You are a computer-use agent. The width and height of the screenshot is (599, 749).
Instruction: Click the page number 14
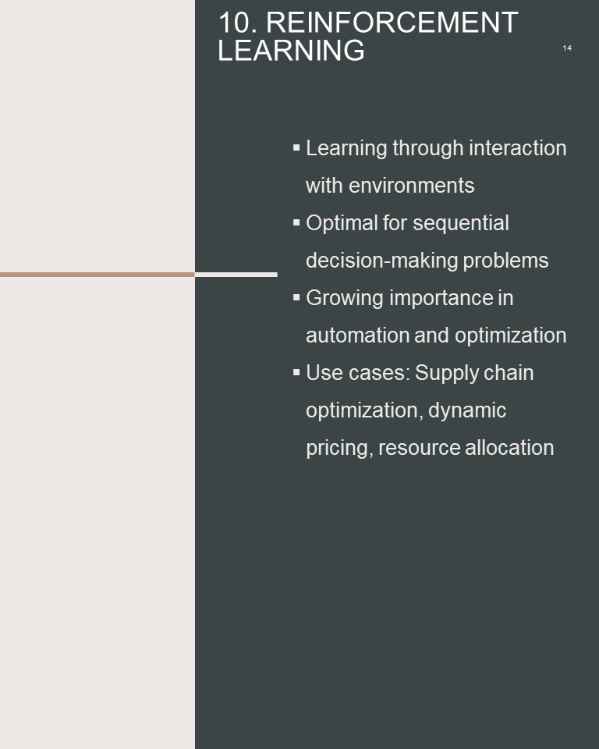coord(567,48)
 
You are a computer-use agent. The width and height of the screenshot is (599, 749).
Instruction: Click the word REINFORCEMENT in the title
coord(392,22)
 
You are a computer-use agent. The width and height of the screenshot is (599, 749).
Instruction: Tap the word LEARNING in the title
coord(291,50)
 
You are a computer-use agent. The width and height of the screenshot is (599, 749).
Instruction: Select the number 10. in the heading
coord(237,22)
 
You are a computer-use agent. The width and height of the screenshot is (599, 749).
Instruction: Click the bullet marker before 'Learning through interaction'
coord(296,147)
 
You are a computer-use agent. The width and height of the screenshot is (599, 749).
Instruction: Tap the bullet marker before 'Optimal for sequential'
coord(296,222)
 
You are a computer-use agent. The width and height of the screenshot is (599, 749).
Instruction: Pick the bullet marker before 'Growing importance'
coord(296,297)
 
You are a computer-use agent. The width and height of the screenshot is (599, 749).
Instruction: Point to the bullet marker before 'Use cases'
coord(296,372)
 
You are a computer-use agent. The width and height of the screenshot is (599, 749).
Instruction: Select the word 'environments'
coord(411,186)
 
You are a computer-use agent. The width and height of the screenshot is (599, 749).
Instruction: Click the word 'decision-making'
coord(381,261)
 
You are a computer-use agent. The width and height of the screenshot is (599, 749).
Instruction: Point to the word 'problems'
coord(505,261)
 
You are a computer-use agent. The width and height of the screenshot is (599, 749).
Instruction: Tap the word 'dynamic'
coord(467,410)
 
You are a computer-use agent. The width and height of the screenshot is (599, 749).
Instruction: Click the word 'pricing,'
coord(339,449)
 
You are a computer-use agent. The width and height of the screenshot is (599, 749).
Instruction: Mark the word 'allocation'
coord(509,448)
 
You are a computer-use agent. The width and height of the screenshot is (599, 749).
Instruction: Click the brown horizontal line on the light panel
coord(97,275)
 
